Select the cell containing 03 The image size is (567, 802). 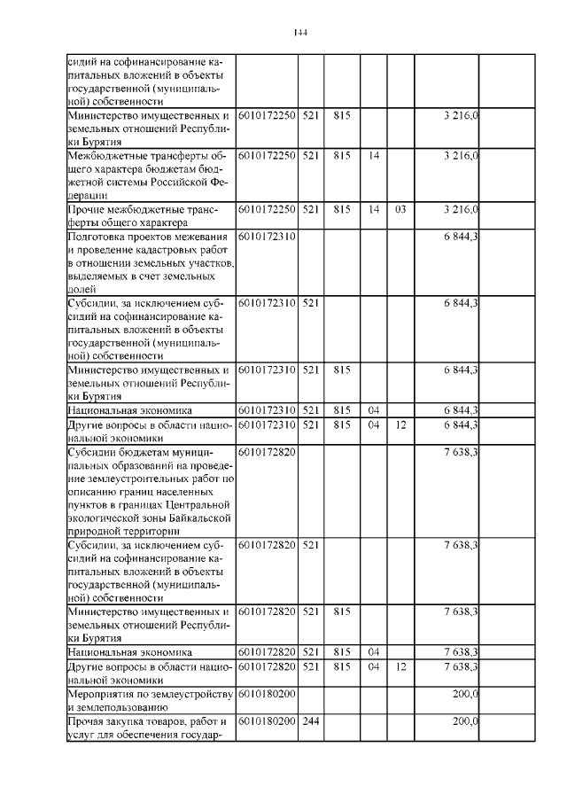[x=400, y=209]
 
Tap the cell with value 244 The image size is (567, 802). [x=309, y=722]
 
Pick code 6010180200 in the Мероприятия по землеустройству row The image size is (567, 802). [x=267, y=693]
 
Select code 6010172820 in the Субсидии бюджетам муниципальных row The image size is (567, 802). [x=267, y=451]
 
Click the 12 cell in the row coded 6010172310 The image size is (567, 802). [x=400, y=424]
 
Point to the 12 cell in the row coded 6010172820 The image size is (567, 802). [x=400, y=666]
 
